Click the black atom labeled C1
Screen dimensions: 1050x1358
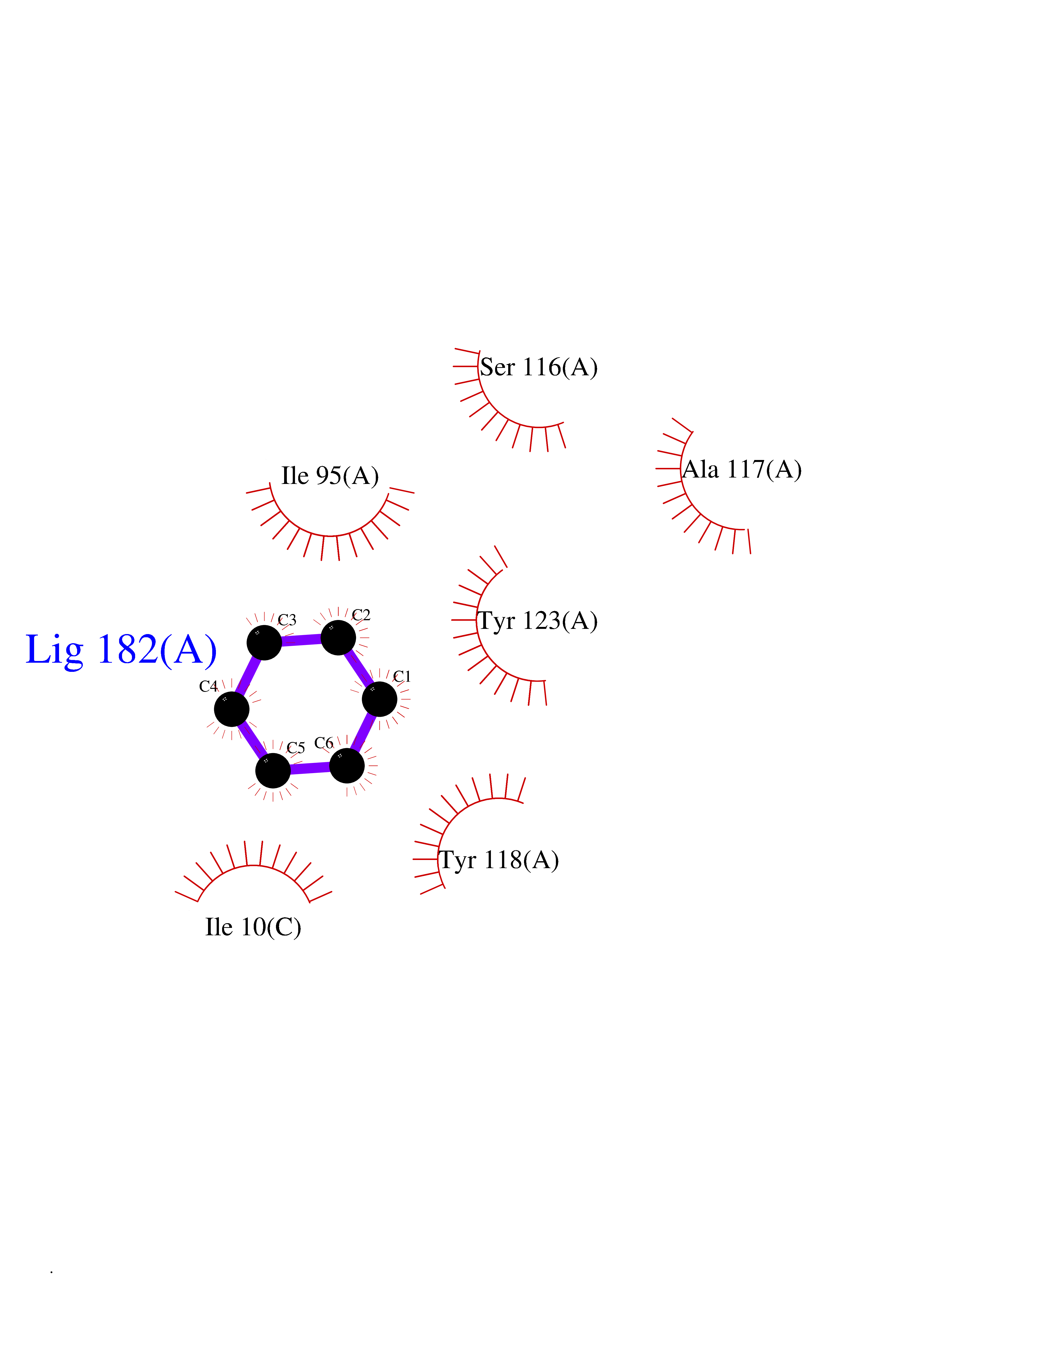[379, 699]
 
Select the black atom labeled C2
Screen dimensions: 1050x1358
[338, 637]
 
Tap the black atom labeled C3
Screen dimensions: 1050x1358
[264, 642]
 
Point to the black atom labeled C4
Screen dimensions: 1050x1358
[231, 709]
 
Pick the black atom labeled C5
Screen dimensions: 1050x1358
[273, 770]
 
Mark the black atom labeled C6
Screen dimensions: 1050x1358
[346, 765]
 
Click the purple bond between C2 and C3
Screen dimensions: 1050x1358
[301, 640]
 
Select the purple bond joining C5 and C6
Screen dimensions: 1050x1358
[310, 768]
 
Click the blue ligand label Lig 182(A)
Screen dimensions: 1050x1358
[121, 650]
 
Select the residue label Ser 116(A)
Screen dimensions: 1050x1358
[539, 367]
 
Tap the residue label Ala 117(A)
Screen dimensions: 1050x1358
[742, 469]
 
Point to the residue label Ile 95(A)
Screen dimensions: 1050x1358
[330, 476]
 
